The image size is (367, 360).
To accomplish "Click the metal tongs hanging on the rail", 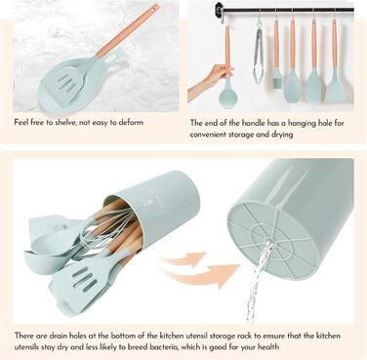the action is click(x=260, y=54).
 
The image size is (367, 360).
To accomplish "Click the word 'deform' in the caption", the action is click(x=131, y=123).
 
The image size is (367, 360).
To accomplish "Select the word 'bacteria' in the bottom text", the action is click(x=164, y=347).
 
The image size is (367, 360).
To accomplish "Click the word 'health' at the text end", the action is click(x=268, y=346).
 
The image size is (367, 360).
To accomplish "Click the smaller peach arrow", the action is click(x=184, y=259).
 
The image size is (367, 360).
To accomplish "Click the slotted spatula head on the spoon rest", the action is click(x=69, y=87).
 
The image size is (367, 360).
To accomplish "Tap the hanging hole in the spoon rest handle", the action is click(x=113, y=60).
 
